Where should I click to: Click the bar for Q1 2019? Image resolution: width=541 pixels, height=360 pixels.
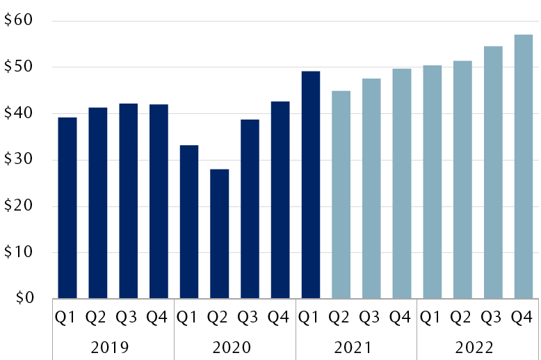[x=67, y=208]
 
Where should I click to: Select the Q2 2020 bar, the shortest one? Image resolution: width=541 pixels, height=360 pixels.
[x=219, y=234]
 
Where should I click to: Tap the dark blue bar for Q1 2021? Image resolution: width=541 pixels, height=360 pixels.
[x=310, y=185]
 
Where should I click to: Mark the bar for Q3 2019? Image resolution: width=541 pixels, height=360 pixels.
[x=128, y=201]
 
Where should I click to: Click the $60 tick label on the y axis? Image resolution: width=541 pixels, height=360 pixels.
[x=19, y=21]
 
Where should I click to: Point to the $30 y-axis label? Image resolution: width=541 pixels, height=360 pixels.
[x=19, y=160]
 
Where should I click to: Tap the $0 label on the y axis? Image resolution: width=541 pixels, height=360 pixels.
[x=23, y=299]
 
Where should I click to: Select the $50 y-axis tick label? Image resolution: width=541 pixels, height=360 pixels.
[x=19, y=67]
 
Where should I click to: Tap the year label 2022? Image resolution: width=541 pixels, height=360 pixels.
[x=477, y=346]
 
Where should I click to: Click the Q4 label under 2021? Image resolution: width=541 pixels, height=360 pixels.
[x=400, y=318]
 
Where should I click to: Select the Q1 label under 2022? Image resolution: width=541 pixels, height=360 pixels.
[x=431, y=318]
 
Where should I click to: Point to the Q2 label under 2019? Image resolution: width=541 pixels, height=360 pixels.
[x=97, y=318]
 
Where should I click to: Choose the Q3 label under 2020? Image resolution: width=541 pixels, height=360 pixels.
[x=248, y=318]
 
